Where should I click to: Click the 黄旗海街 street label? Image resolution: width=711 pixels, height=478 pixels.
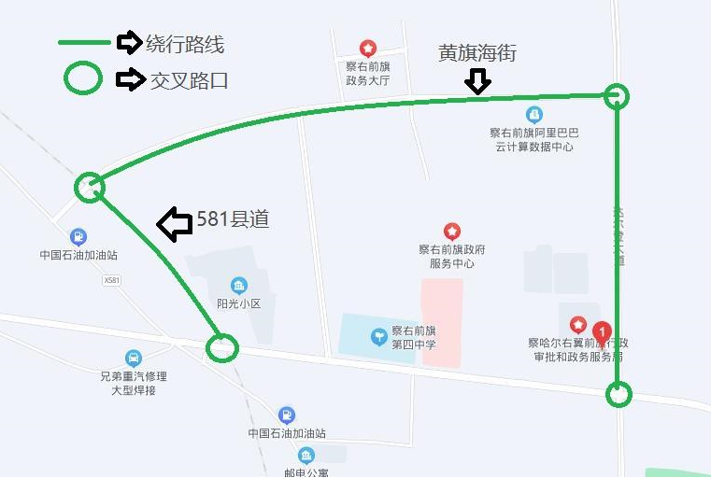coord(476,53)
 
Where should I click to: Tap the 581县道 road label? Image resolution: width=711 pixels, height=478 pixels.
coord(233,219)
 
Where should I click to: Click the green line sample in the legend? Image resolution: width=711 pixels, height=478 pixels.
coord(84,43)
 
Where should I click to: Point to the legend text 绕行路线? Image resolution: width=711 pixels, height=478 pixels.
coord(185,43)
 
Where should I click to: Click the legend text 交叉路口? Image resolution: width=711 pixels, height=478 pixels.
coord(190,80)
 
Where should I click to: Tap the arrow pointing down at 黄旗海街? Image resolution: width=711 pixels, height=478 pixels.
coord(477,82)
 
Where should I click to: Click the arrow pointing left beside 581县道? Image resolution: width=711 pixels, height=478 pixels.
coord(174,224)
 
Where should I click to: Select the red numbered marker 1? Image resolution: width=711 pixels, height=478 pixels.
coord(604,331)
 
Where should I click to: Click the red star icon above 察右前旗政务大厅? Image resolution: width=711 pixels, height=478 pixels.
coord(368,48)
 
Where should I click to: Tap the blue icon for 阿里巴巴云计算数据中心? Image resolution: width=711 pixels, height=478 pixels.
coord(534,115)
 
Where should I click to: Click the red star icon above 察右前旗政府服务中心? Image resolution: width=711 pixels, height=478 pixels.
coord(452,231)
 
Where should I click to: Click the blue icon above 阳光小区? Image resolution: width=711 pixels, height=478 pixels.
coord(239,285)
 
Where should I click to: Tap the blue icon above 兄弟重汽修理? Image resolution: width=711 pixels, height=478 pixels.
coord(134,358)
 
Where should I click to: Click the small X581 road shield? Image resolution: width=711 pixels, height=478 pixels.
coord(113,279)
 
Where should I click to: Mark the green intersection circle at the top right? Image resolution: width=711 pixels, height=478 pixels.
coord(617,95)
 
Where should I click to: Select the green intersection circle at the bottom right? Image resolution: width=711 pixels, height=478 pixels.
coord(619,395)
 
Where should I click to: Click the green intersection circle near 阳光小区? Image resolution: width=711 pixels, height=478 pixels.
coord(221,348)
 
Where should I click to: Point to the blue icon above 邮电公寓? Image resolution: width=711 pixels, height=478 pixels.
coord(306,456)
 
